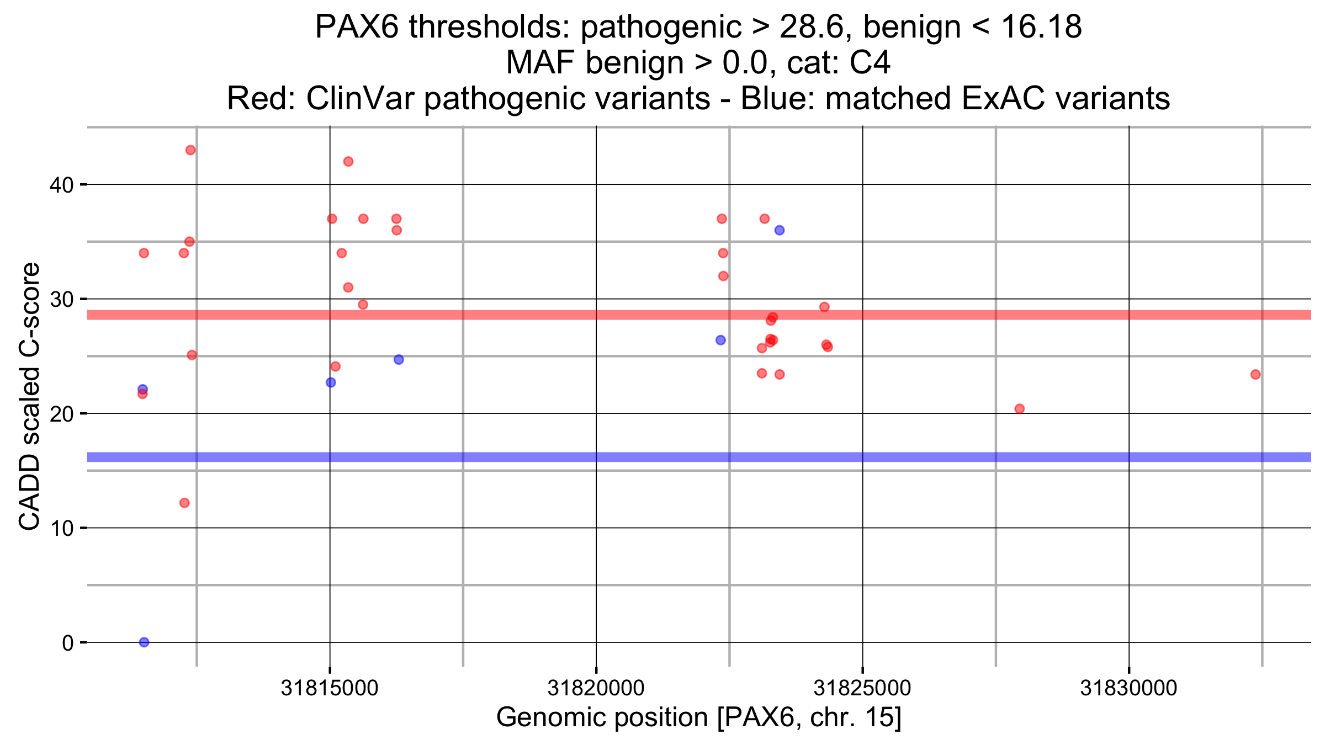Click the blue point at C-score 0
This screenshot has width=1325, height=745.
tap(144, 642)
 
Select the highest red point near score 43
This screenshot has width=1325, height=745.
tap(190, 150)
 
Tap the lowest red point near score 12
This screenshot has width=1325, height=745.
tap(184, 503)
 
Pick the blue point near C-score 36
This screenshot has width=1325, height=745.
tap(780, 230)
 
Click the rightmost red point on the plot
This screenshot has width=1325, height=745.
tap(1255, 375)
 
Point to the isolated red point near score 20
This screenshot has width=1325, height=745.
tap(1020, 409)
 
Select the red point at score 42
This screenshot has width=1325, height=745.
tap(348, 162)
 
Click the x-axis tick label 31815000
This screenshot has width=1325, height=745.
tap(330, 688)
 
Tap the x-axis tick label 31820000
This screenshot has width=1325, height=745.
tap(596, 688)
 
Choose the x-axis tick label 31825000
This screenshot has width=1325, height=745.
tap(862, 688)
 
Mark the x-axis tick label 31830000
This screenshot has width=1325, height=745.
tap(1128, 688)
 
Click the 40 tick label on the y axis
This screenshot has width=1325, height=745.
tap(61, 185)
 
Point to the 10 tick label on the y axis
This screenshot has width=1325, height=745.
tap(61, 529)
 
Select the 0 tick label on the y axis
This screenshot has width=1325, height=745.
tap(68, 643)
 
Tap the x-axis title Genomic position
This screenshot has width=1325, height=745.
tap(698, 717)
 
